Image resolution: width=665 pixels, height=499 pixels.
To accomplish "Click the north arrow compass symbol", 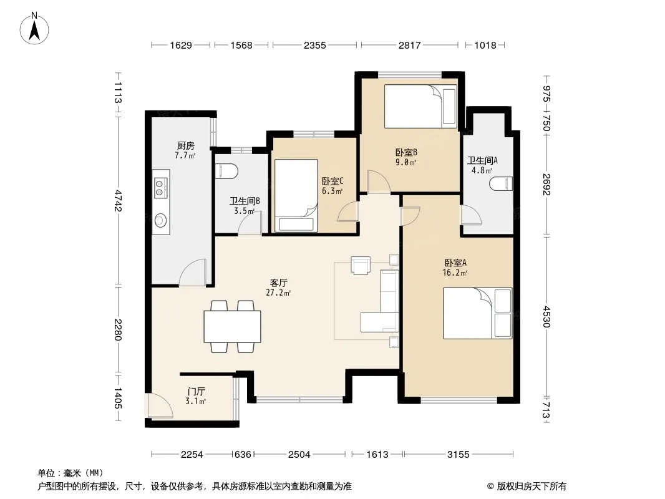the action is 34,29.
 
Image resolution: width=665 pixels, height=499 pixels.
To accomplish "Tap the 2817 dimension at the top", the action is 409,45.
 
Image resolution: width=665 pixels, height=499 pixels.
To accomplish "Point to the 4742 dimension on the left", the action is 118,201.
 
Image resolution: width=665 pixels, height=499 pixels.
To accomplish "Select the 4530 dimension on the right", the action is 546,317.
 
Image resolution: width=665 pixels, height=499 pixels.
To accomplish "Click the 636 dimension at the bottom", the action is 243,455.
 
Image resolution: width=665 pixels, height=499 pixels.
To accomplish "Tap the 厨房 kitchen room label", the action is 186,146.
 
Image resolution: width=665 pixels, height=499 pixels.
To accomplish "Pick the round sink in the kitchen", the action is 161,220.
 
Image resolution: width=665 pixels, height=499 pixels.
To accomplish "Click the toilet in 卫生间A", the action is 502,184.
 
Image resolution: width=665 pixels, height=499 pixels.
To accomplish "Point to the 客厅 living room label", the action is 279,283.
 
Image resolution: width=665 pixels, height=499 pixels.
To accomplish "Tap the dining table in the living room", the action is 233,326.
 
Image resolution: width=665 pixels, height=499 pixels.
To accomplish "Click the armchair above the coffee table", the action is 361,265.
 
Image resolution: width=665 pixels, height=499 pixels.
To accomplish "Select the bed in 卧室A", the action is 478,313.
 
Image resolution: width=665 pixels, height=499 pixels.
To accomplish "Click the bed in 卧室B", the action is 420,106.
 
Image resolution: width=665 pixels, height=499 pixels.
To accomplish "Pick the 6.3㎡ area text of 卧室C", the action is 332,191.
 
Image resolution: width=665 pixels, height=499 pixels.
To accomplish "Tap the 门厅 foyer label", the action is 197,391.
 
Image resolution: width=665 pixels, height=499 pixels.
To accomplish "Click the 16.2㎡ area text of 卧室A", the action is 455,273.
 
